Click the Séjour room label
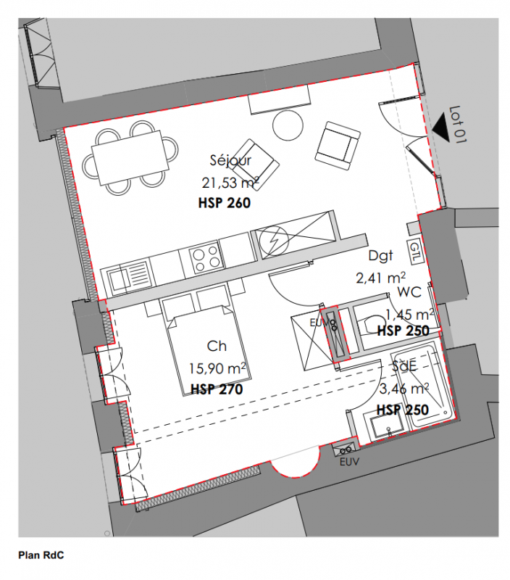pyautogui.click(x=230, y=160)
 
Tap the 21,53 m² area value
pyautogui.click(x=230, y=183)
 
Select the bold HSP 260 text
pyautogui.click(x=225, y=203)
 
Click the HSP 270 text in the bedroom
pyautogui.click(x=217, y=389)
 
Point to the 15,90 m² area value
pyautogui.click(x=217, y=368)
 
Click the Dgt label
pyautogui.click(x=380, y=256)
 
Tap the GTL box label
pyautogui.click(x=414, y=252)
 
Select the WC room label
pyautogui.click(x=409, y=292)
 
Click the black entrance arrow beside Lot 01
pyautogui.click(x=440, y=128)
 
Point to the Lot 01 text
pyautogui.click(x=458, y=125)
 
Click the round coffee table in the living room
pyautogui.click(x=288, y=125)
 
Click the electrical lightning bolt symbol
pyautogui.click(x=275, y=241)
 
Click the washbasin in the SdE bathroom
pyautogui.click(x=388, y=426)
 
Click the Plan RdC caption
pyautogui.click(x=41, y=555)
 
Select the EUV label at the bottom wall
pyautogui.click(x=349, y=462)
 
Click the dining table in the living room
pyautogui.click(x=130, y=158)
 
